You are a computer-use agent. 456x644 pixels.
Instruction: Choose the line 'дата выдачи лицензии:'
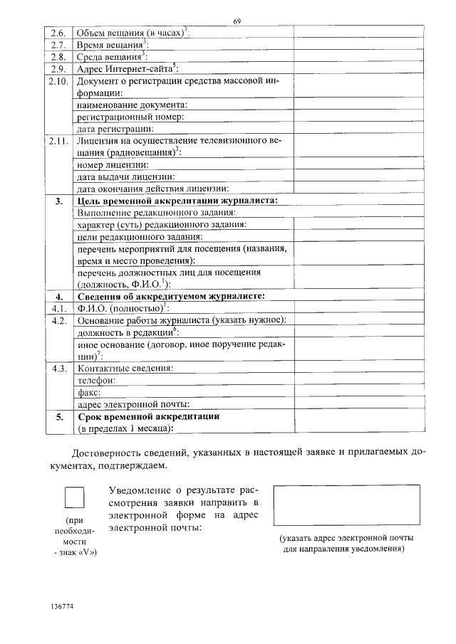[x=125, y=176]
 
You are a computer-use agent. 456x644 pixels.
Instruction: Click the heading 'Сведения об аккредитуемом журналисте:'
[x=170, y=296]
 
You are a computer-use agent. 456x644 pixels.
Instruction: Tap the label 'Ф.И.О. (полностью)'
[x=120, y=308]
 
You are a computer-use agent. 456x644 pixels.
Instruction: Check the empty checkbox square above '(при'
[x=75, y=496]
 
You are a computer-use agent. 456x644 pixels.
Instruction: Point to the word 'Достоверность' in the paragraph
[x=110, y=453]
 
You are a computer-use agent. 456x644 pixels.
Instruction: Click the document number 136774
[x=63, y=606]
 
